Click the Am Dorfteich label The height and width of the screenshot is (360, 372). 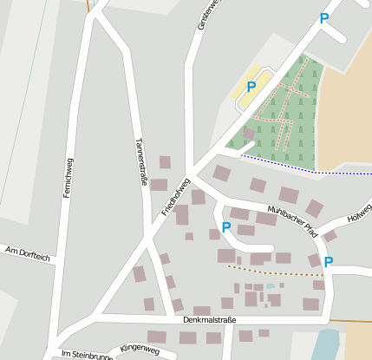[x=28, y=252]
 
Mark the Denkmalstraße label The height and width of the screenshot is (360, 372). [x=210, y=320]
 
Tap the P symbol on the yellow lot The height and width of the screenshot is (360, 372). [x=251, y=87]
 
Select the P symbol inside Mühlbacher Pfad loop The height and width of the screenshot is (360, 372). [x=226, y=227]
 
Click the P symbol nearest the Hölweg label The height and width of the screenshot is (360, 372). [x=329, y=261]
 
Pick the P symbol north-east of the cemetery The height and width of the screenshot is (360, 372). [x=324, y=18]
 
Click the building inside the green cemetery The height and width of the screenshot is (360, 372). [x=250, y=133]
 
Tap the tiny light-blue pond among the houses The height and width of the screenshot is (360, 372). [x=271, y=285]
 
